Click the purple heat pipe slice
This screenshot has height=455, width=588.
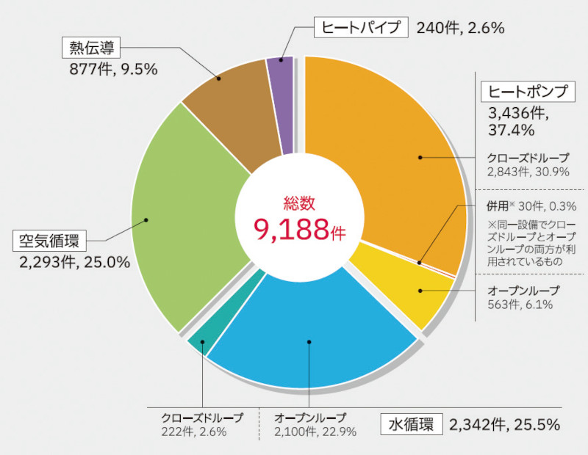(280, 103)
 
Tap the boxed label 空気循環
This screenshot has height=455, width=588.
(50, 240)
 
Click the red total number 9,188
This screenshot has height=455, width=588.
(291, 230)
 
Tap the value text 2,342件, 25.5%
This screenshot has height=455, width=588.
(505, 424)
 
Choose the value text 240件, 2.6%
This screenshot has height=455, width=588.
(460, 29)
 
